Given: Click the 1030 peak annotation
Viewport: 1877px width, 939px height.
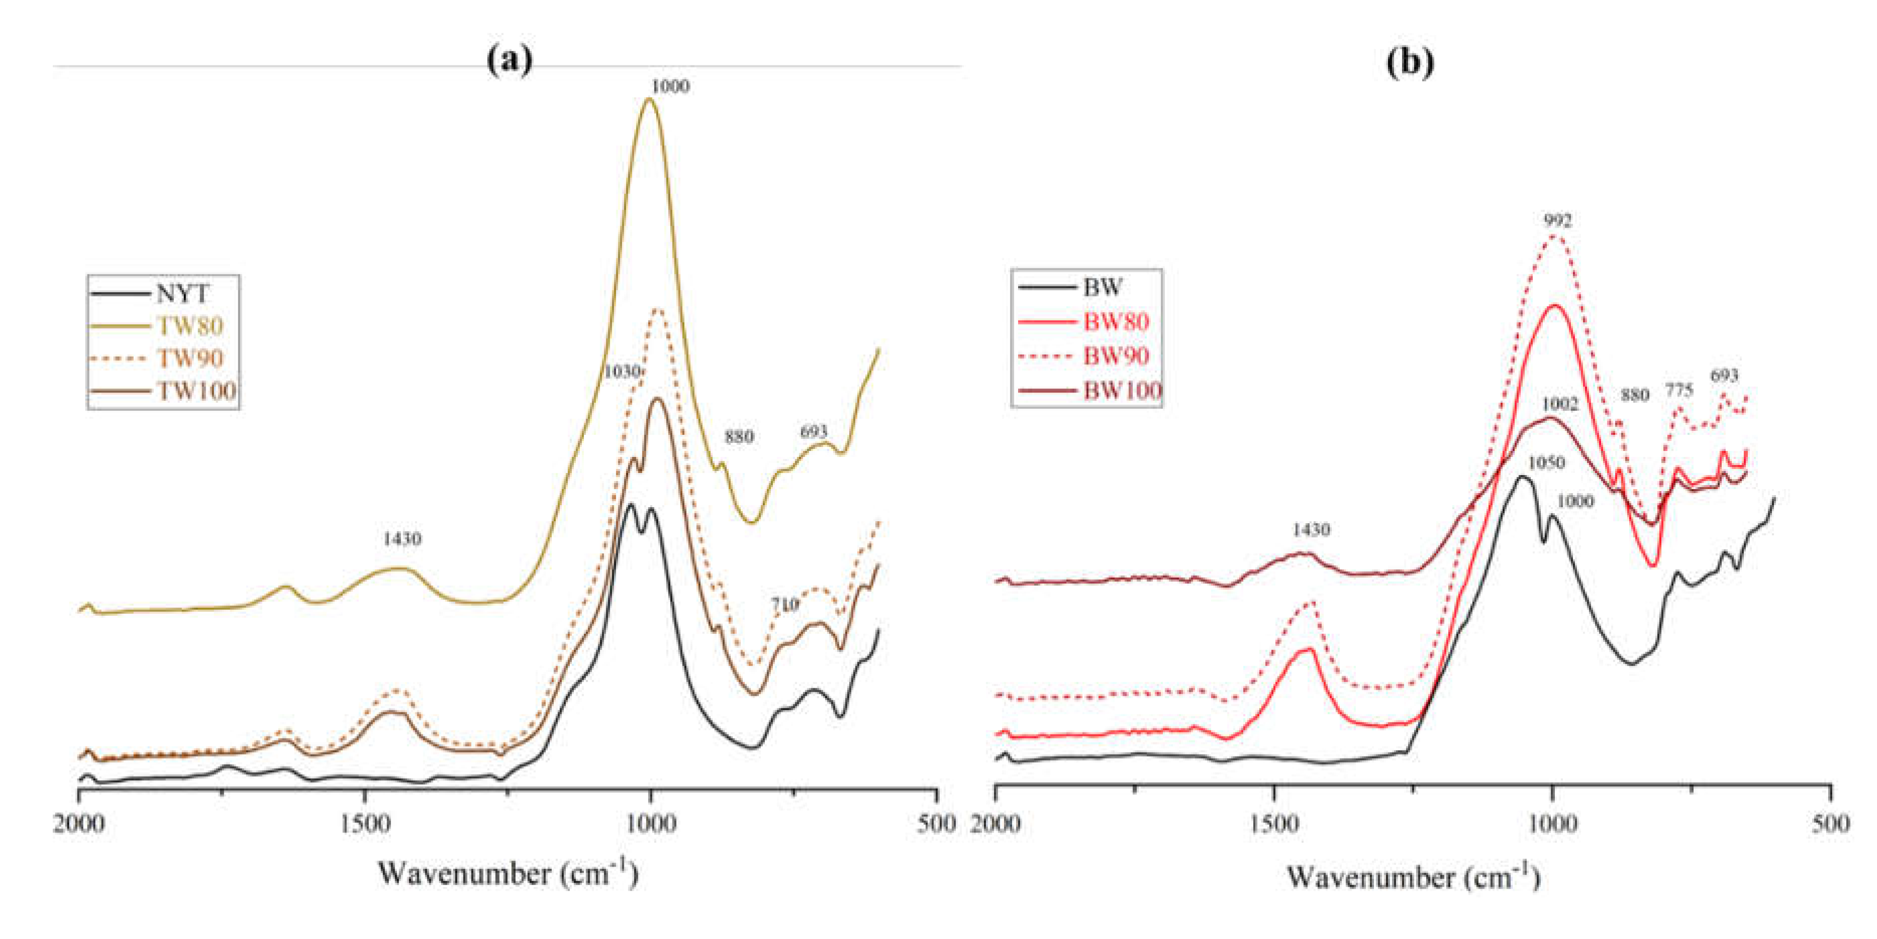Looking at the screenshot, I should pyautogui.click(x=622, y=372).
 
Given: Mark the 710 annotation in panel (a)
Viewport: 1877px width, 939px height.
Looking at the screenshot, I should pyautogui.click(x=785, y=604).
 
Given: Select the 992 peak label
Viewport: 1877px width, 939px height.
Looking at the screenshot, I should pyautogui.click(x=1557, y=220).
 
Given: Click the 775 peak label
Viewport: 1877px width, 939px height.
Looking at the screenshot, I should pyautogui.click(x=1679, y=391).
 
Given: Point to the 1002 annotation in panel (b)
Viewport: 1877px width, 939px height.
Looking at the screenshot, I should pyautogui.click(x=1559, y=404).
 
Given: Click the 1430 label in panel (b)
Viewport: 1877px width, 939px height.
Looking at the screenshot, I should pyautogui.click(x=1311, y=529).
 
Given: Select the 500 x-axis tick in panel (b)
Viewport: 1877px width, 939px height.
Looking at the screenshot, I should pyautogui.click(x=1830, y=824).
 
